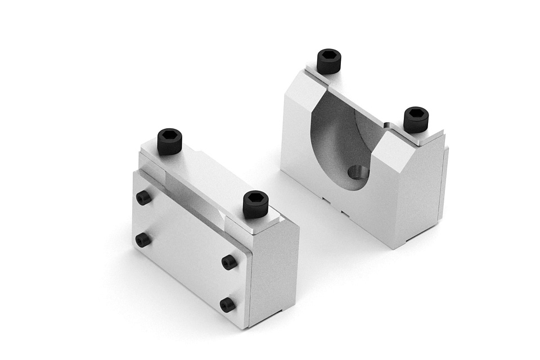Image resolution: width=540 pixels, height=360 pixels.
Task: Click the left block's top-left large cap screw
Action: click(x=170, y=142)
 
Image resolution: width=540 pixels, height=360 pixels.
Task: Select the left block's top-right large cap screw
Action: click(x=255, y=205)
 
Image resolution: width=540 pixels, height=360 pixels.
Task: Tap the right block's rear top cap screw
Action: click(x=329, y=61)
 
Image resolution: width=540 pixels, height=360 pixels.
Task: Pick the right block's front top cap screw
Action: click(x=416, y=119)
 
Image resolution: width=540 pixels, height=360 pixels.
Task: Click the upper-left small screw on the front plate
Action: click(x=144, y=197)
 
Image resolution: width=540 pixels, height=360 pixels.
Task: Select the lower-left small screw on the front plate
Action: click(x=143, y=240)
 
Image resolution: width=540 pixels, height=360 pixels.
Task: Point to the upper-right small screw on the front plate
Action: click(x=229, y=262)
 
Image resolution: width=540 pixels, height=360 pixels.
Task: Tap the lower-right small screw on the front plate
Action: click(x=228, y=305)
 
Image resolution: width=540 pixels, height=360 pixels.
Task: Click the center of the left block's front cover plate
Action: click(x=188, y=247)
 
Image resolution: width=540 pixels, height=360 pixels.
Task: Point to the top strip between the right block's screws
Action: click(x=371, y=96)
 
